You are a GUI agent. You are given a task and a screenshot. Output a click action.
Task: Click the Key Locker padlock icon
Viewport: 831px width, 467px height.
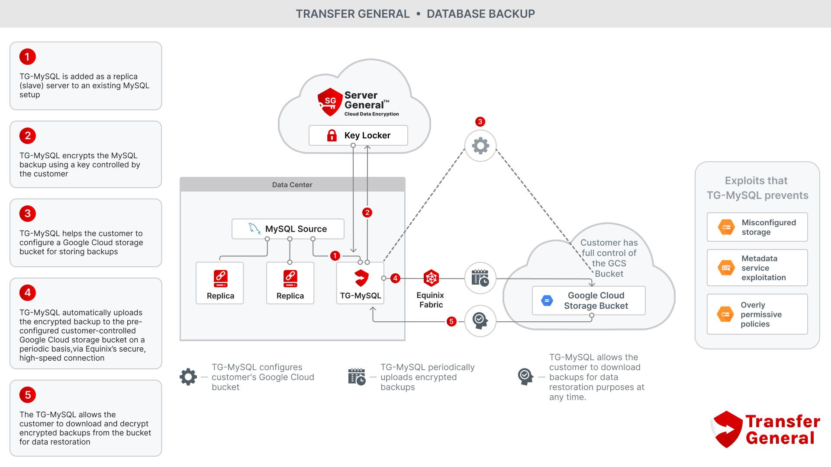[332, 136]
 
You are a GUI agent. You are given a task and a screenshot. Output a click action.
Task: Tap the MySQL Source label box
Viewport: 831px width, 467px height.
[288, 229]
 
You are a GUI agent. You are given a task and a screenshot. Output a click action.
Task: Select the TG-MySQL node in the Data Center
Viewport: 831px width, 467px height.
[361, 283]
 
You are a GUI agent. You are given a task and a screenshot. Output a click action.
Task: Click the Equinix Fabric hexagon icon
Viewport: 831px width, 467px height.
[431, 278]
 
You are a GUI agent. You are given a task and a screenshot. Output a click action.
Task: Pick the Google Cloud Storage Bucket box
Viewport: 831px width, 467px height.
[589, 301]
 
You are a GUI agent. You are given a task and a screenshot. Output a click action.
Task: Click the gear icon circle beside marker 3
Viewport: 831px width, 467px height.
[480, 146]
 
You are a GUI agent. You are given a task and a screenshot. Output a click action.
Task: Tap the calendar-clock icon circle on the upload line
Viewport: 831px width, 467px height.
[480, 278]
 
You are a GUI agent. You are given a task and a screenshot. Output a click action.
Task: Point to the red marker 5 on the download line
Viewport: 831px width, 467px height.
[451, 321]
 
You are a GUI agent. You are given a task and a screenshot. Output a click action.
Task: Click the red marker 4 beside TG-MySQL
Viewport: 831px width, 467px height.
[395, 278]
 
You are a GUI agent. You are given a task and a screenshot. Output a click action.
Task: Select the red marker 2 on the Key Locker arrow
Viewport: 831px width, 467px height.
[367, 212]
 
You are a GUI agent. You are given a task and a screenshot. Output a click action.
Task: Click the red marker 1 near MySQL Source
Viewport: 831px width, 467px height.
[335, 256]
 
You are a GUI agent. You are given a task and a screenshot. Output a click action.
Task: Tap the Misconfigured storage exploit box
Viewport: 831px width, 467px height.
[757, 227]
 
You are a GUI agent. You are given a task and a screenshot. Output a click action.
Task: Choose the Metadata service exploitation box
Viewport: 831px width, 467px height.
[757, 268]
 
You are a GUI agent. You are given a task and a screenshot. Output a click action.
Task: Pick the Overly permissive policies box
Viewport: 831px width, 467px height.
[757, 314]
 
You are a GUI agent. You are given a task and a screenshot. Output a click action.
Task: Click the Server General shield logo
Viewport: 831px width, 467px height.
[330, 102]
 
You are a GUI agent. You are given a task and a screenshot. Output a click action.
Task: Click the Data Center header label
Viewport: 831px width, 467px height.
[292, 185]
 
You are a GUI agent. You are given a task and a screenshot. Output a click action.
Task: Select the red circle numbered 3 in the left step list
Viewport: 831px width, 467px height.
[28, 214]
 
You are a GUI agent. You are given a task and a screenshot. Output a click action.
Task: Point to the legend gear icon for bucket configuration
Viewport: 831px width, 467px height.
[188, 377]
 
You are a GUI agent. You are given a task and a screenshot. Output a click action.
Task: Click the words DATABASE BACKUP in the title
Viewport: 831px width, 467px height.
[480, 14]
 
